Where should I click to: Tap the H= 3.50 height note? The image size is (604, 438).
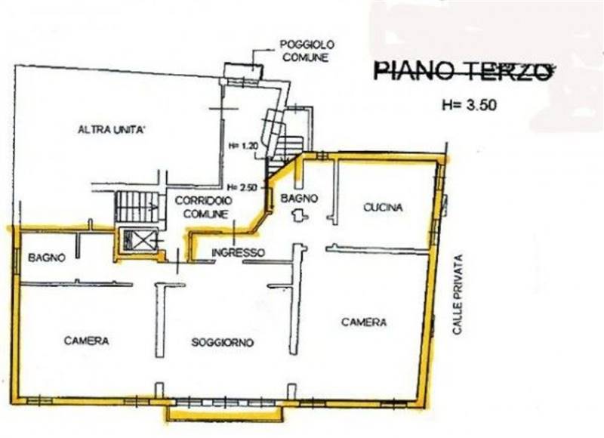click(469, 105)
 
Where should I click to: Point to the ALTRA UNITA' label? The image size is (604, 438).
click(111, 129)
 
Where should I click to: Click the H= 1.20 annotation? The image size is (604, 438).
click(242, 146)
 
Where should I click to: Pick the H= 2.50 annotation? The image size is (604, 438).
click(242, 187)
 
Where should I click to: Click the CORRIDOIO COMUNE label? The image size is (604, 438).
click(203, 207)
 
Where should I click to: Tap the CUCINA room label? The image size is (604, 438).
click(383, 207)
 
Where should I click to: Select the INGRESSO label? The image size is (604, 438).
click(239, 253)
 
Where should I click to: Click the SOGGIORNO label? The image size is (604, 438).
click(222, 342)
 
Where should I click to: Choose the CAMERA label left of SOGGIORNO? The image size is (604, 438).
click(86, 341)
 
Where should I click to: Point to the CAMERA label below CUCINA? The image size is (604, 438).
click(364, 322)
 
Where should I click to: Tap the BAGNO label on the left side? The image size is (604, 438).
click(47, 258)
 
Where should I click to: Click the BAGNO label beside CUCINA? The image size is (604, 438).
click(299, 198)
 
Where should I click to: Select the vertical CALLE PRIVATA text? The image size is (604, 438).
click(458, 294)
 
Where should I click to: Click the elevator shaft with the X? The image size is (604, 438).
click(138, 241)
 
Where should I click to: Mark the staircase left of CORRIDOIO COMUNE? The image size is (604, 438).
click(137, 207)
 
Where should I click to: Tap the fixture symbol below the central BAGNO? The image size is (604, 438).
click(300, 216)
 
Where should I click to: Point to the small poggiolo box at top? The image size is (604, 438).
click(243, 71)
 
